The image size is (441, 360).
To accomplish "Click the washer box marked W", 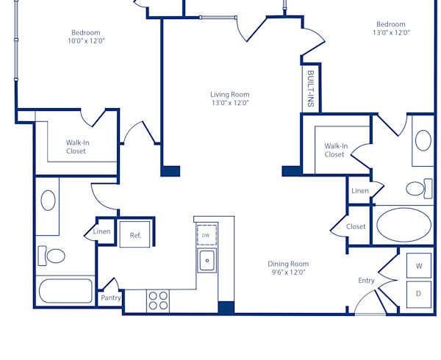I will [419, 265].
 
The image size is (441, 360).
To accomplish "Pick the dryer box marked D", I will [419, 294].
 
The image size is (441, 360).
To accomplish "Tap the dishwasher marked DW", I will [207, 234].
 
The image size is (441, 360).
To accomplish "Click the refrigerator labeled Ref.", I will [136, 235].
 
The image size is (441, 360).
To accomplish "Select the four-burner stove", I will [158, 300].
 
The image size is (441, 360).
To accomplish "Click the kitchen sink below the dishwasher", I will [207, 259].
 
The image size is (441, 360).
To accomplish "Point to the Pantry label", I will [111, 298].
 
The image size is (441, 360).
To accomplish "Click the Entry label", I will [366, 281].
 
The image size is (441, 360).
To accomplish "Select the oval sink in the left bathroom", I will [48, 200].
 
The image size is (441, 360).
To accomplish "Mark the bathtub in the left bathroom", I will [65, 292].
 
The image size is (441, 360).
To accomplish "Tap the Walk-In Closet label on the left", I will [76, 147].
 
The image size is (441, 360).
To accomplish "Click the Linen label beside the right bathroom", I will [360, 191].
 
